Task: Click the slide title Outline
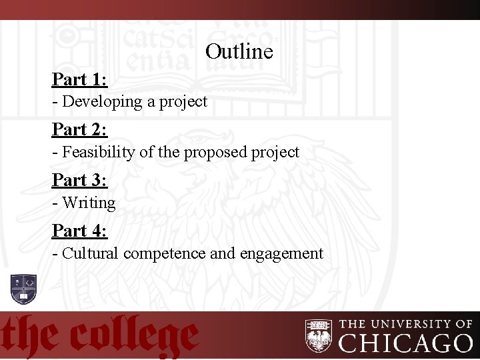click(x=239, y=51)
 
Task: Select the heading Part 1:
click(x=80, y=79)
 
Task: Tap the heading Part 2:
click(x=80, y=129)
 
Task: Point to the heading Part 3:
click(x=80, y=180)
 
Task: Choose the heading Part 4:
click(x=80, y=231)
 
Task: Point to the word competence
click(x=164, y=254)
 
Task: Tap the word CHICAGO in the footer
click(x=405, y=343)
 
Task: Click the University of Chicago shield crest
click(x=319, y=335)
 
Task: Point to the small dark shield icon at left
click(x=23, y=288)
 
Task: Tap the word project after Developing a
click(x=183, y=102)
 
